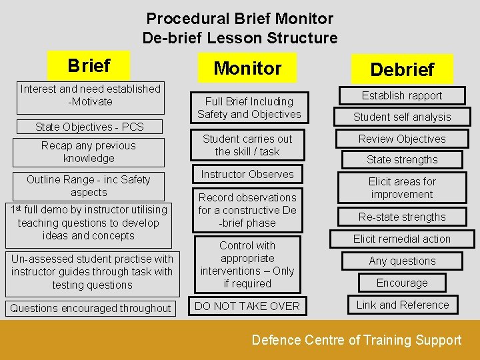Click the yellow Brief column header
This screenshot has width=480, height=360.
(x=89, y=66)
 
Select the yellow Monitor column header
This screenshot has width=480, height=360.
(x=247, y=68)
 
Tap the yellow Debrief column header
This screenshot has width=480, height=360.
(x=402, y=69)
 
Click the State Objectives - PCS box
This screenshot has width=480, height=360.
(x=89, y=126)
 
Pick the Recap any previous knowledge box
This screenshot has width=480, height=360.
(x=88, y=152)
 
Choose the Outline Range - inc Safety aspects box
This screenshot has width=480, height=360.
(x=89, y=185)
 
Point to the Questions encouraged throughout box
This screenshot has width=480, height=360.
(x=90, y=308)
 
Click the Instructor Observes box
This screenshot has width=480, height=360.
(x=247, y=174)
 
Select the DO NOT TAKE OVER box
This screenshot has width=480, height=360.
(x=247, y=306)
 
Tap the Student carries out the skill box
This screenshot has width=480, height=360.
(x=247, y=145)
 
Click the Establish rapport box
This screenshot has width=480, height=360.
(x=402, y=95)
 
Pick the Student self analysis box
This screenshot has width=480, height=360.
(x=402, y=117)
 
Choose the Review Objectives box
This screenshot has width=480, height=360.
(x=402, y=139)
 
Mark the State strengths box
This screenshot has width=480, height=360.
(x=402, y=159)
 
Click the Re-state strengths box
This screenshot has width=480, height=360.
(x=402, y=217)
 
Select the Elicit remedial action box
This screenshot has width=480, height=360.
(x=402, y=239)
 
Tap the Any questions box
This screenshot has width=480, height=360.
(x=402, y=261)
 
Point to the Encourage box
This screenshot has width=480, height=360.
(x=402, y=283)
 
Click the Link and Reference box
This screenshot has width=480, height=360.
(x=402, y=305)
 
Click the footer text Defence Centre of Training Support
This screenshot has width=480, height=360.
(x=356, y=340)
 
